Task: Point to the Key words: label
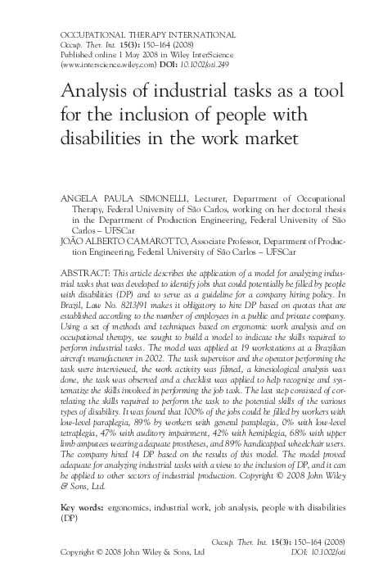[x=83, y=509]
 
